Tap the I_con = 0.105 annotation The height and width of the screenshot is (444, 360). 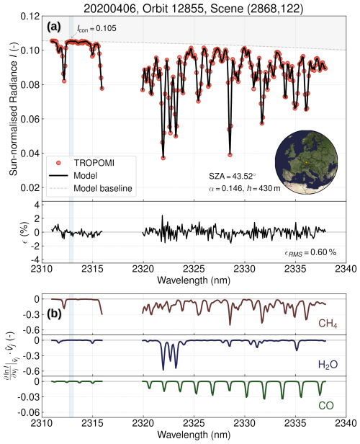tap(97, 29)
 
